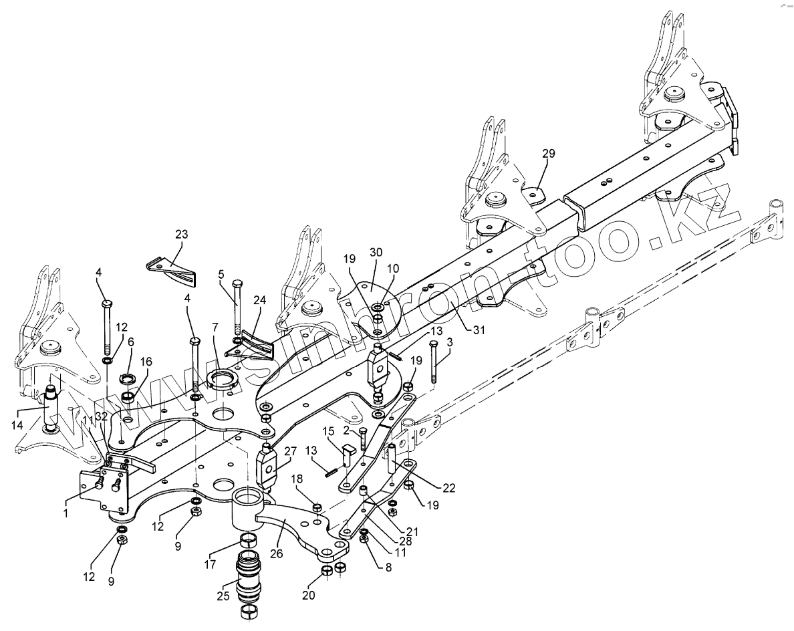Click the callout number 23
(x=181, y=235)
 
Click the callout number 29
(x=548, y=154)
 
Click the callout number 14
(x=18, y=424)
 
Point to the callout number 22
(x=448, y=487)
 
